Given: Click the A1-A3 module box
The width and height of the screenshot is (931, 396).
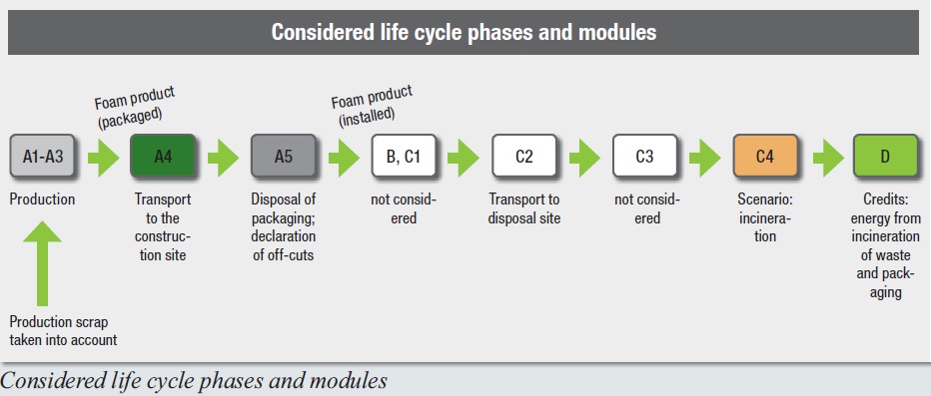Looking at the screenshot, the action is (x=42, y=156).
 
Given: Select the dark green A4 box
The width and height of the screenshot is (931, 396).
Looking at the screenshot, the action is (x=163, y=156).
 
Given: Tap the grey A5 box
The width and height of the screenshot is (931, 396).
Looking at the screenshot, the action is (x=284, y=156).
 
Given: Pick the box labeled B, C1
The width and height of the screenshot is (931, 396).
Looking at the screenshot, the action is (x=404, y=156).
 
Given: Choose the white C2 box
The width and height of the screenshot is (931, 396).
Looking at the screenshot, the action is (x=524, y=156).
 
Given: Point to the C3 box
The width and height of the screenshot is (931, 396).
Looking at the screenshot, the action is (x=645, y=156).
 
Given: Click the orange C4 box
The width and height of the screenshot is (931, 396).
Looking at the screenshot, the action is (x=765, y=156).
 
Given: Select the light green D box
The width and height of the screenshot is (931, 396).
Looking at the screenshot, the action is (x=885, y=156).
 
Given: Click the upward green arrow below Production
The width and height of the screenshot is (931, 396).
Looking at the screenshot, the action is (x=42, y=262).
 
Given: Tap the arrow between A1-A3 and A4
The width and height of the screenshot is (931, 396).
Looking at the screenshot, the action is (x=103, y=157).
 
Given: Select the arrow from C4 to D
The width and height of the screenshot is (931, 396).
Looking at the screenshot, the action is (x=828, y=157).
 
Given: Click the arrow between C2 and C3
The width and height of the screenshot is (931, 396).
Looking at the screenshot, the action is (x=584, y=157).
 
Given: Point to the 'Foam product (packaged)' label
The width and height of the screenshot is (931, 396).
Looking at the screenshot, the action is (x=136, y=107).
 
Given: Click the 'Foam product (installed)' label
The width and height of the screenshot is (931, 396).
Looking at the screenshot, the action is (x=373, y=106).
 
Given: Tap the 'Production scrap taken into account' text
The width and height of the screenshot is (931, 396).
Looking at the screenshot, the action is (x=64, y=331).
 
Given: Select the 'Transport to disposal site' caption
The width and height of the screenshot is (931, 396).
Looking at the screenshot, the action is (x=524, y=208).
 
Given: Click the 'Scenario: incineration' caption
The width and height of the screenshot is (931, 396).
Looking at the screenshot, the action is (x=765, y=217).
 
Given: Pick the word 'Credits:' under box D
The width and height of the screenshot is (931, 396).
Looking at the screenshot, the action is (x=885, y=199).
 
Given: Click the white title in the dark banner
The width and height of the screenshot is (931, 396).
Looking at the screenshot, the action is (x=464, y=31).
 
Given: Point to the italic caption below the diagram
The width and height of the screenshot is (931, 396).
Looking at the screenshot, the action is (x=194, y=380).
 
